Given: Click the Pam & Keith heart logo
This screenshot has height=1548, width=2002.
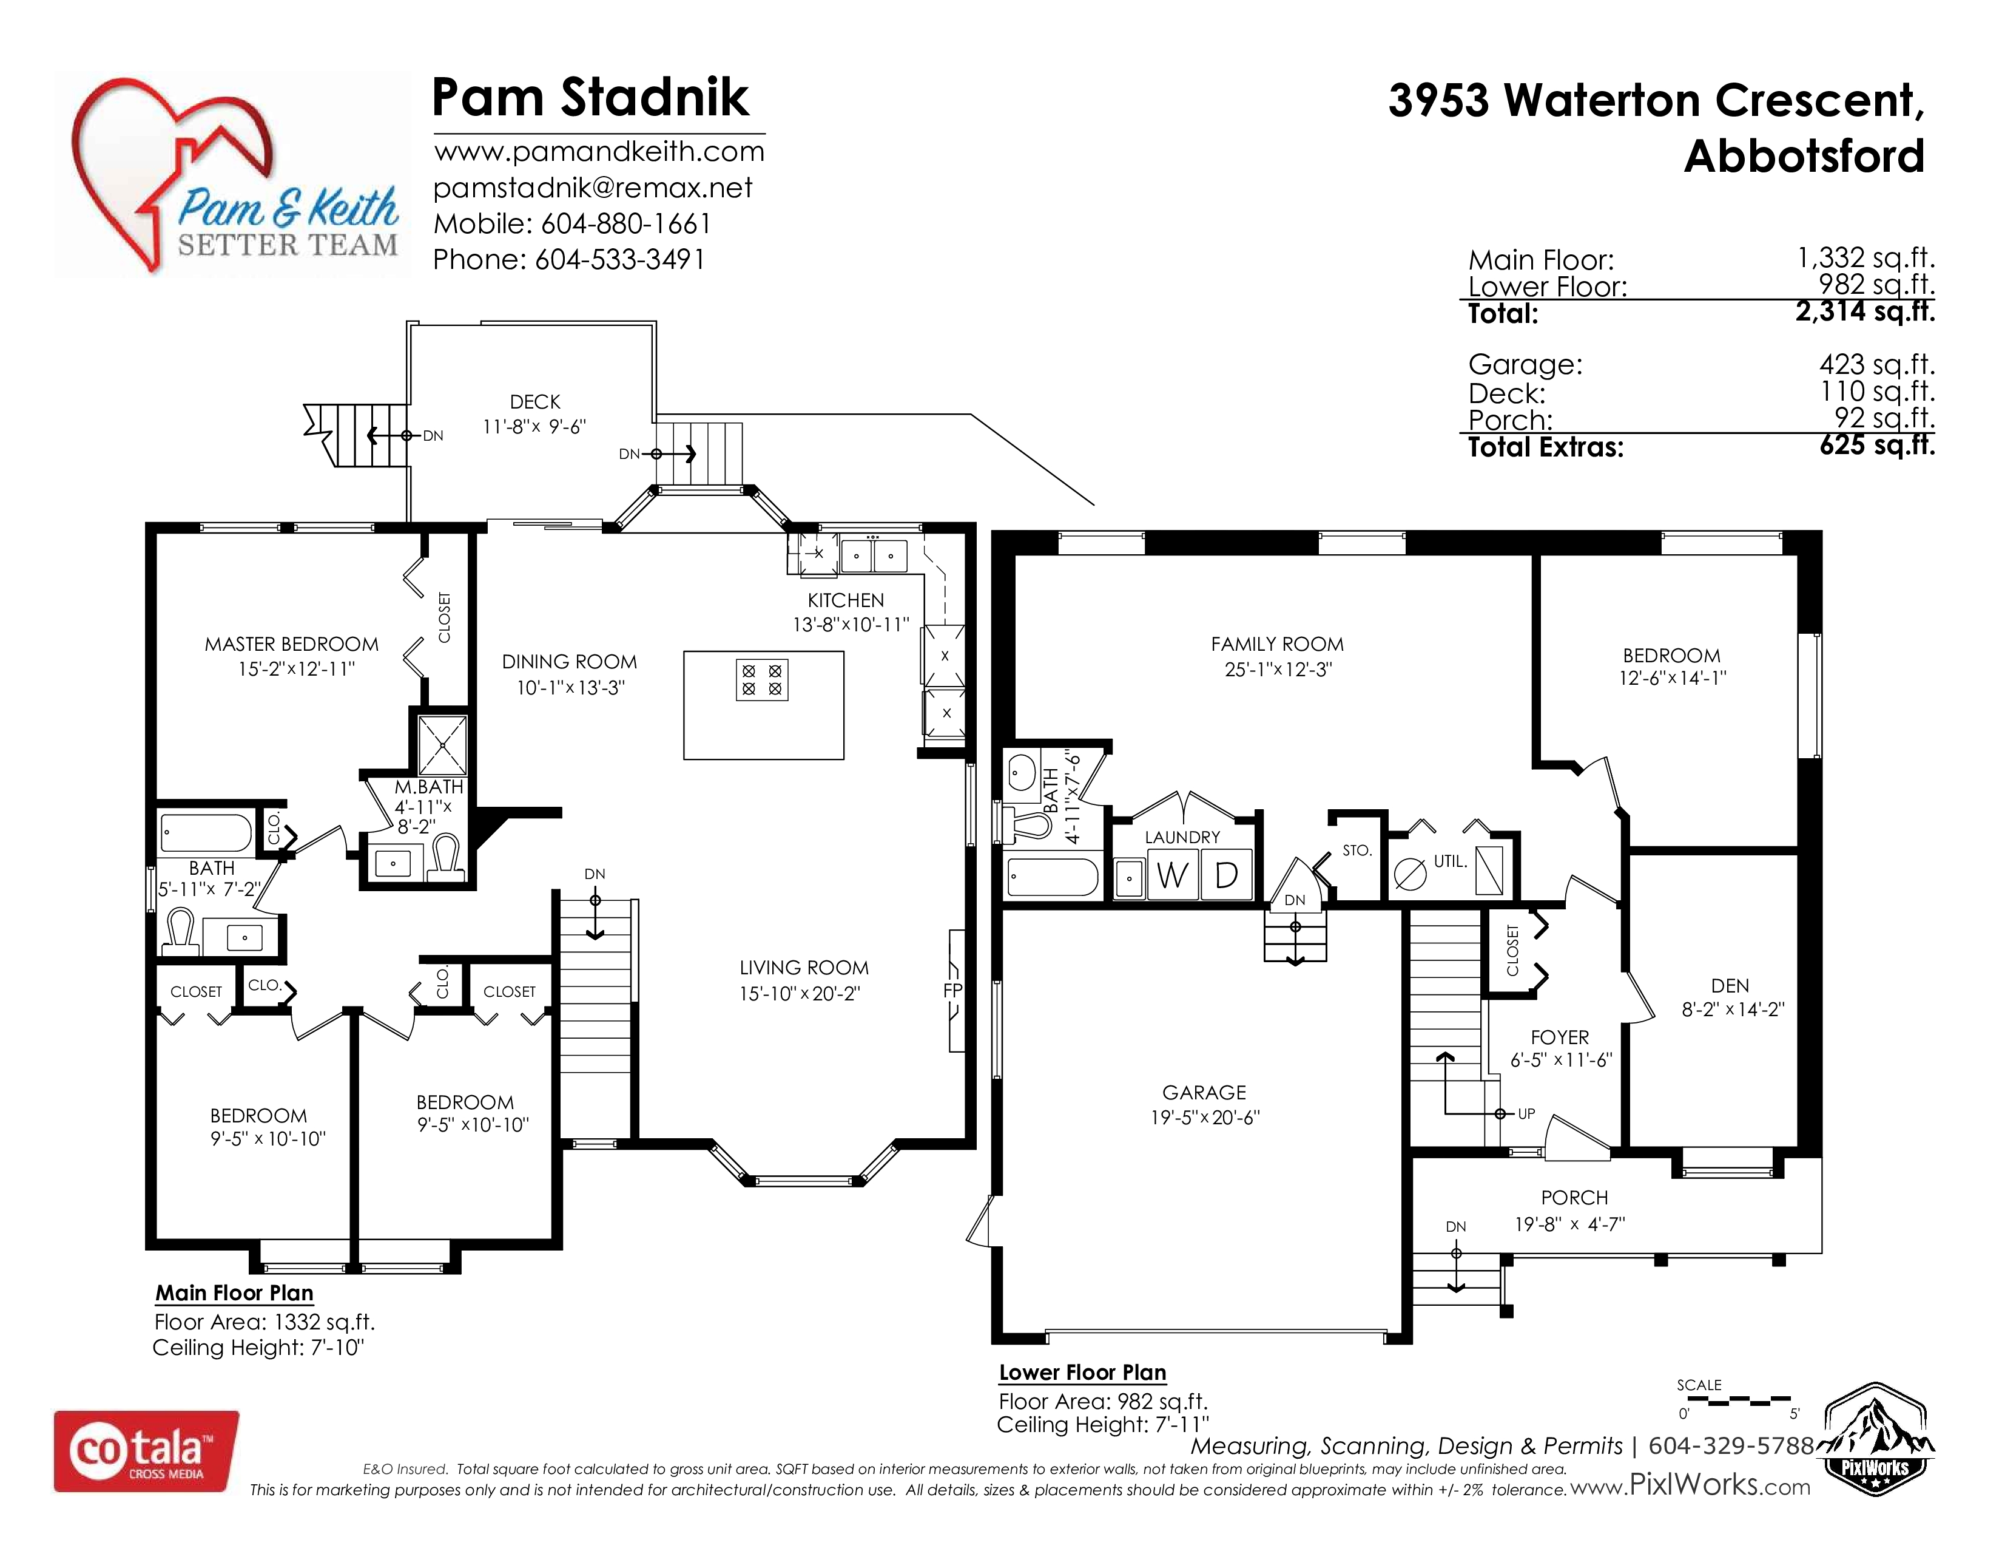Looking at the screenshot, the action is [229, 174].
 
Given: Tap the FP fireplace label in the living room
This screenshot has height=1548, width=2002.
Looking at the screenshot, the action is [952, 991].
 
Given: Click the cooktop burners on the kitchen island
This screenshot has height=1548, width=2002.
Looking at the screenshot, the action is [762, 679].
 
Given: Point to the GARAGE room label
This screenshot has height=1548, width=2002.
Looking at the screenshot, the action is [1204, 1092].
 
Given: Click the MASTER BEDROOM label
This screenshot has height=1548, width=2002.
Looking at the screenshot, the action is [291, 643].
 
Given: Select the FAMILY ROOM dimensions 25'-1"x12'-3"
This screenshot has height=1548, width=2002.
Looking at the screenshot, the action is [1278, 670].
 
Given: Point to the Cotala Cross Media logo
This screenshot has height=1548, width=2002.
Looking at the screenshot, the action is [147, 1451].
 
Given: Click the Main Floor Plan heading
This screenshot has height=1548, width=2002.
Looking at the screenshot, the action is [235, 1293].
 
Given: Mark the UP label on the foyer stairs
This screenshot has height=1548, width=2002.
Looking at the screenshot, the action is [1526, 1114].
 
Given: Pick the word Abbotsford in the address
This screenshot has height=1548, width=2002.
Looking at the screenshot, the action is [1804, 156].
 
